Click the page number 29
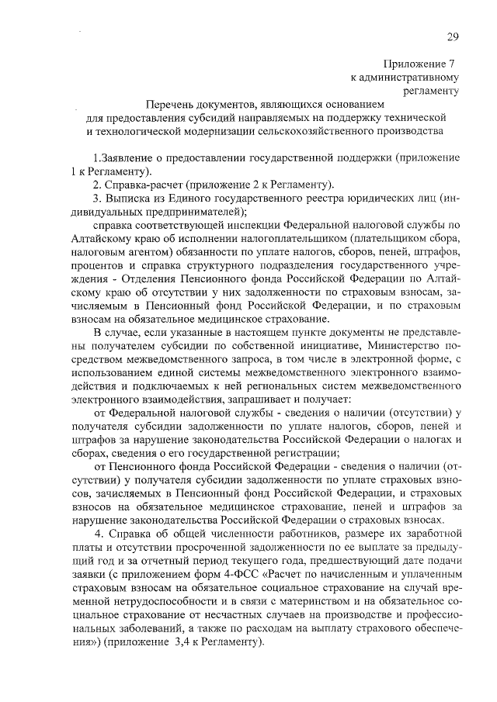(454, 37)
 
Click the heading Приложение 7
(419, 64)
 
